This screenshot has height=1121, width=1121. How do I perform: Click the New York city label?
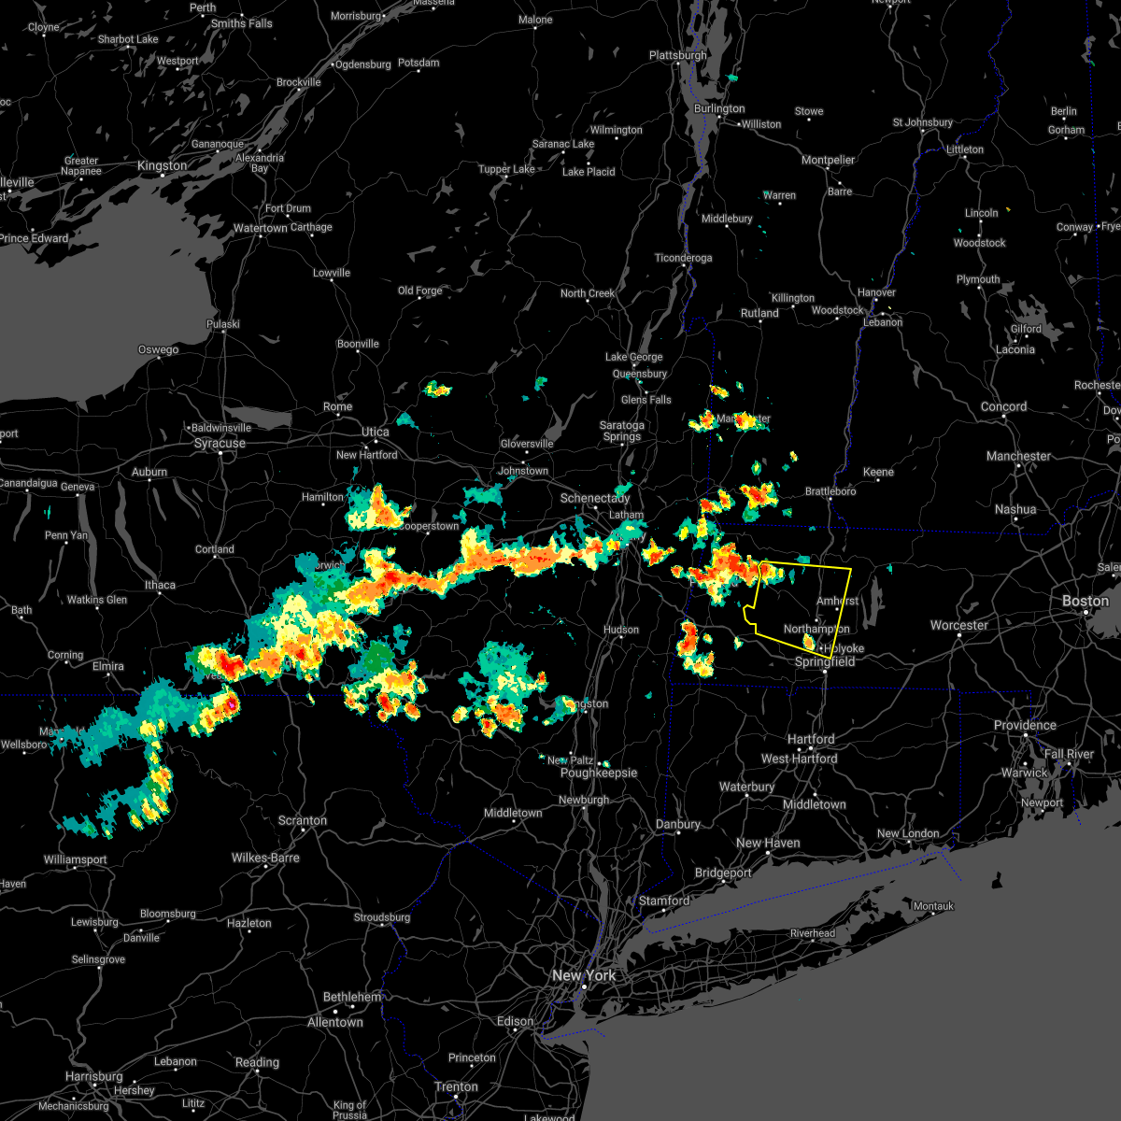pyautogui.click(x=584, y=975)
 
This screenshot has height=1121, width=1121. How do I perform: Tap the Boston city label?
pyautogui.click(x=1086, y=601)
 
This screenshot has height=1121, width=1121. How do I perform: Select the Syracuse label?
pyautogui.click(x=220, y=443)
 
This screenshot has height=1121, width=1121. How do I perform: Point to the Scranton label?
pyautogui.click(x=303, y=821)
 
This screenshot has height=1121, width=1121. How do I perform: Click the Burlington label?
pyautogui.click(x=719, y=108)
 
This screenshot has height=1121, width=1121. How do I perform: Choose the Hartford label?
pyautogui.click(x=811, y=739)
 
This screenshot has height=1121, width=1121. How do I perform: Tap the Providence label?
pyautogui.click(x=1025, y=725)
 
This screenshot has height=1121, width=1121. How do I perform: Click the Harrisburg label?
pyautogui.click(x=94, y=1076)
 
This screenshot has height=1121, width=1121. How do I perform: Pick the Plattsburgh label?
pyautogui.click(x=678, y=55)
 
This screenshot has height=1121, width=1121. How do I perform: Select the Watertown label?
pyautogui.click(x=261, y=228)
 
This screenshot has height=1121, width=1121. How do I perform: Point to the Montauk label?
pyautogui.click(x=933, y=906)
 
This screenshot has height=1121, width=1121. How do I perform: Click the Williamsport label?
pyautogui.click(x=76, y=859)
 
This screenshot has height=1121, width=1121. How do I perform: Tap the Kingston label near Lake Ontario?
pyautogui.click(x=162, y=165)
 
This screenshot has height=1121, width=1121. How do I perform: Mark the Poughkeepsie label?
pyautogui.click(x=599, y=773)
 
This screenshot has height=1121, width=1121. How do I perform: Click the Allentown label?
pyautogui.click(x=335, y=1022)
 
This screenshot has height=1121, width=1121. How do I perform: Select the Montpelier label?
pyautogui.click(x=829, y=160)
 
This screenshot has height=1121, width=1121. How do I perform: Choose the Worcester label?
pyautogui.click(x=959, y=625)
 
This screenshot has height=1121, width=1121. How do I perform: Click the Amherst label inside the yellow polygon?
pyautogui.click(x=837, y=601)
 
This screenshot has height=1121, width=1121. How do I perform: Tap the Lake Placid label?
pyautogui.click(x=589, y=172)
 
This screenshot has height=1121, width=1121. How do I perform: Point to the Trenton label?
pyautogui.click(x=457, y=1086)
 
